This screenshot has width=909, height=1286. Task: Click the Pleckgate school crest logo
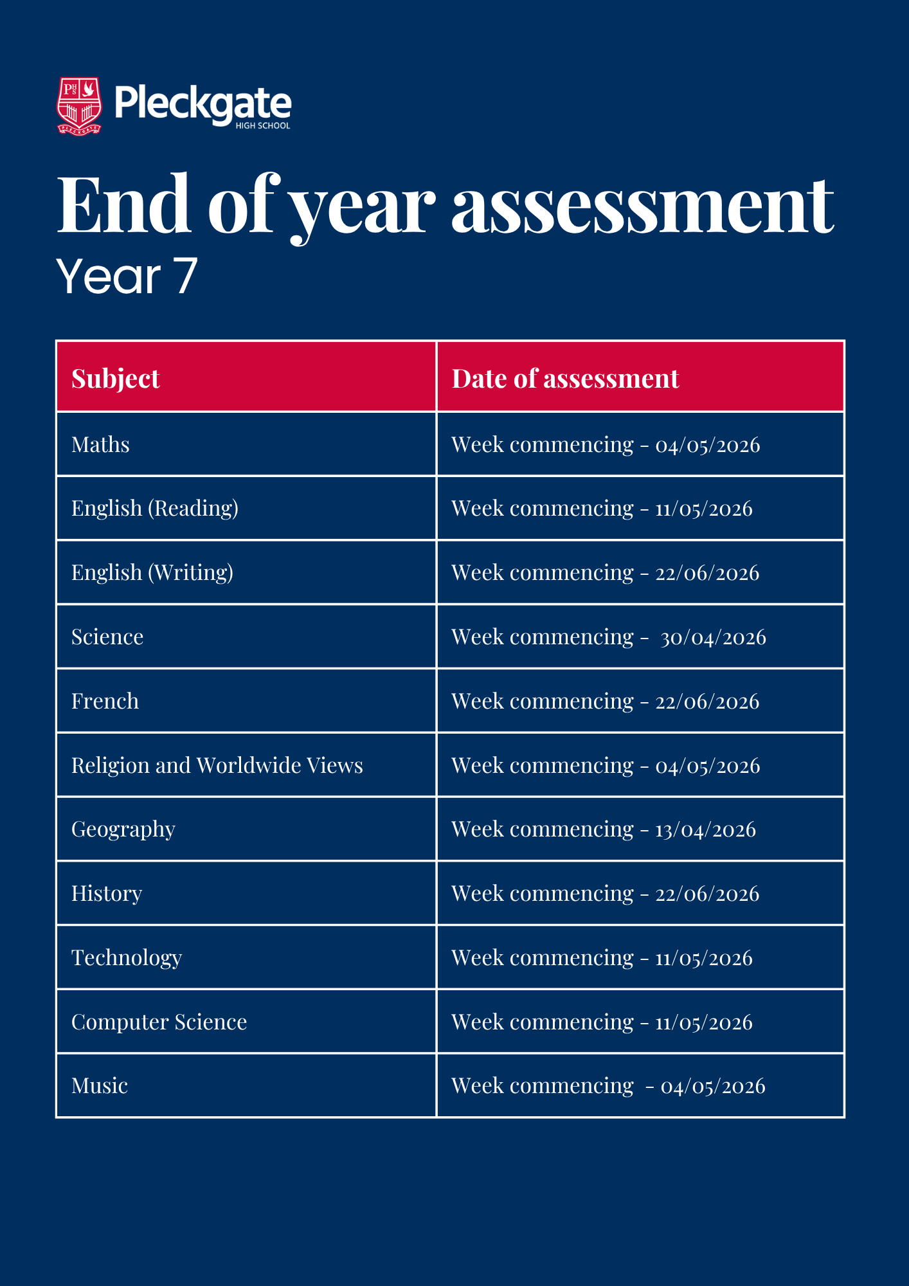point(80,106)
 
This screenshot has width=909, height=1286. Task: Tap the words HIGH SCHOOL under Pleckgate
point(262,126)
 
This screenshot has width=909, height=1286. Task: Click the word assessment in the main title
point(642,206)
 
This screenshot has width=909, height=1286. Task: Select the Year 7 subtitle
point(127,276)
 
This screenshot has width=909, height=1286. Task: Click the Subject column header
point(116,379)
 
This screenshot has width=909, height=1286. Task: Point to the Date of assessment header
point(565,379)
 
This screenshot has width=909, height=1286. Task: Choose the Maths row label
point(100,445)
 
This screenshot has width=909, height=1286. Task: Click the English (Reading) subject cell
point(155,509)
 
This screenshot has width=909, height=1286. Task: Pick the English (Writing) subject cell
point(152,573)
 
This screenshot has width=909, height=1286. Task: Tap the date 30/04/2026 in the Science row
point(713,637)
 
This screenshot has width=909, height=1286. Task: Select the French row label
point(105,701)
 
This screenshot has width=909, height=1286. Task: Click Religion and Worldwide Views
point(217,765)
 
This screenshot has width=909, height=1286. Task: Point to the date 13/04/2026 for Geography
point(705,829)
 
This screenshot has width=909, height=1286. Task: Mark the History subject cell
point(107,894)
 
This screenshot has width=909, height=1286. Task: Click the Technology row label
point(127,958)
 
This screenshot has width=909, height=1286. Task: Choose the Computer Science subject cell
point(159,1022)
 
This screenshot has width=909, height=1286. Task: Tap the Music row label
point(100,1086)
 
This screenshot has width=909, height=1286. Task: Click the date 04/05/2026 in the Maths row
point(707,445)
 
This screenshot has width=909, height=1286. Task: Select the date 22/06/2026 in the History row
point(707,894)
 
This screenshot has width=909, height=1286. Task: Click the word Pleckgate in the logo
point(203,103)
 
